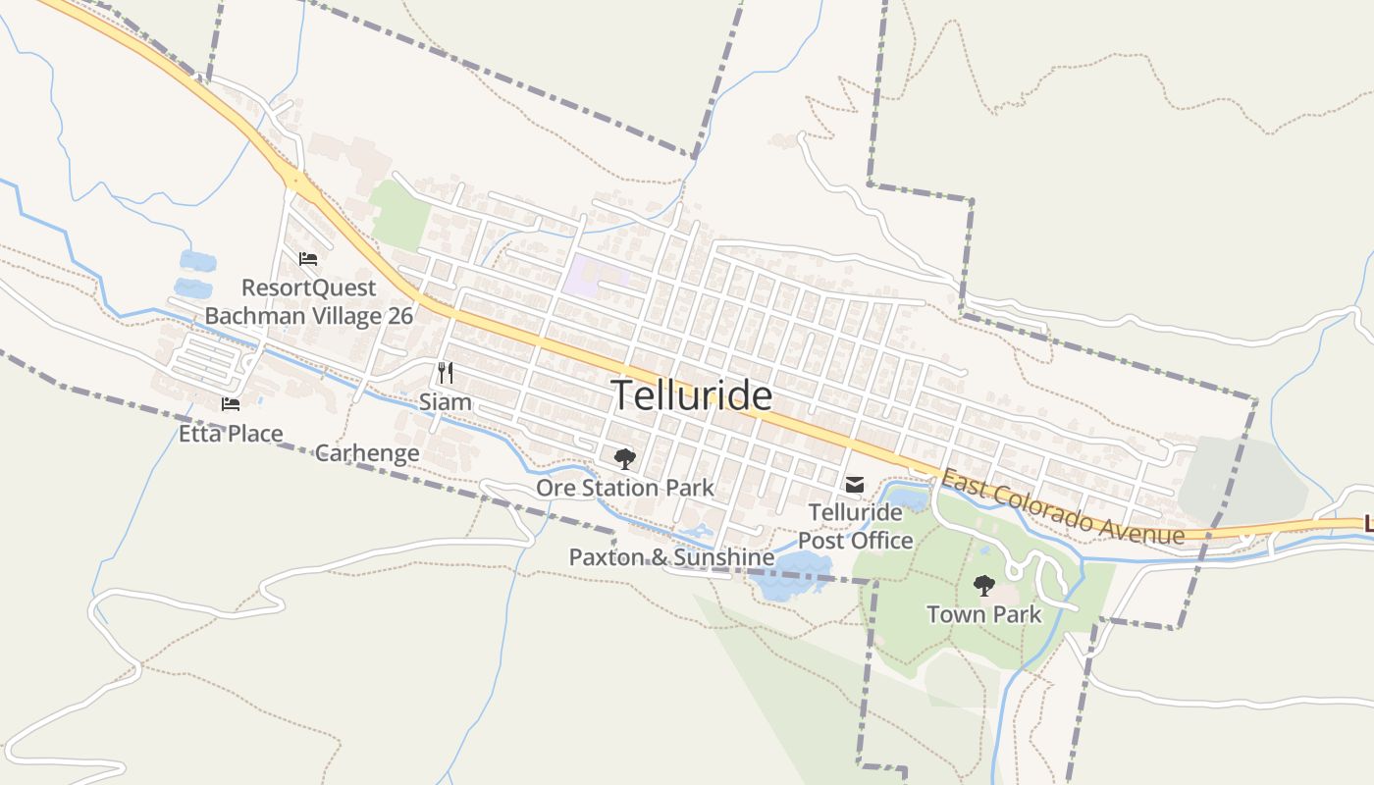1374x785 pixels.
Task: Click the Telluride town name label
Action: [692, 395]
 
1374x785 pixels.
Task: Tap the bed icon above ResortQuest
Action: [308, 259]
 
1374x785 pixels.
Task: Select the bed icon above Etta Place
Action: [231, 403]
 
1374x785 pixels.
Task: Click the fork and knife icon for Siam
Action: [445, 372]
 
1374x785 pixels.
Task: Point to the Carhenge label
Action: [367, 453]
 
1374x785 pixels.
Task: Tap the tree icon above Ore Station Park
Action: [624, 458]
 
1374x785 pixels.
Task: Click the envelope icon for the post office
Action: [855, 484]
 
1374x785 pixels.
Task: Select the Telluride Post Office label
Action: [855, 526]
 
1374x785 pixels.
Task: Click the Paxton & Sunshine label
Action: [671, 557]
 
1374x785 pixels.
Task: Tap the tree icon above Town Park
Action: [983, 586]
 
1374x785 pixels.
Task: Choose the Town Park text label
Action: [983, 614]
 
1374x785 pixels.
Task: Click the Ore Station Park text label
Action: [624, 488]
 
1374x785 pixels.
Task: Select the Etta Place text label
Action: [231, 434]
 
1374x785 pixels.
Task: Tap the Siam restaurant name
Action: [445, 402]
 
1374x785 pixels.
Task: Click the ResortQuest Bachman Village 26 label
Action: [308, 302]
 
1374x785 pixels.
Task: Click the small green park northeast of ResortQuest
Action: [399, 214]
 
